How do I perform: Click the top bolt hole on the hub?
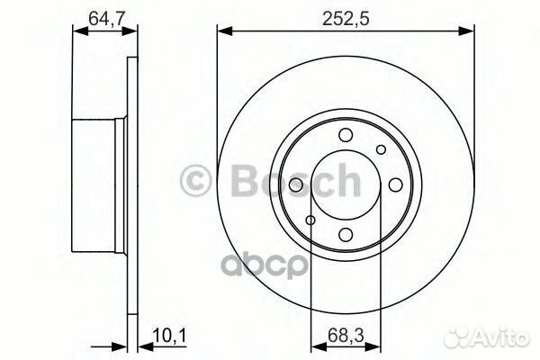pos(346,135)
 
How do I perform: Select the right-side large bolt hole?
pos(396,185)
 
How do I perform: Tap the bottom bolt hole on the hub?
pos(346,236)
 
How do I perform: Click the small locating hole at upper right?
pos(381,149)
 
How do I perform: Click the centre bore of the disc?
pos(346,185)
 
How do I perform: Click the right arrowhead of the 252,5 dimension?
pos(469,31)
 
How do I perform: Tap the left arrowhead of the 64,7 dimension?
pos(76,31)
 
